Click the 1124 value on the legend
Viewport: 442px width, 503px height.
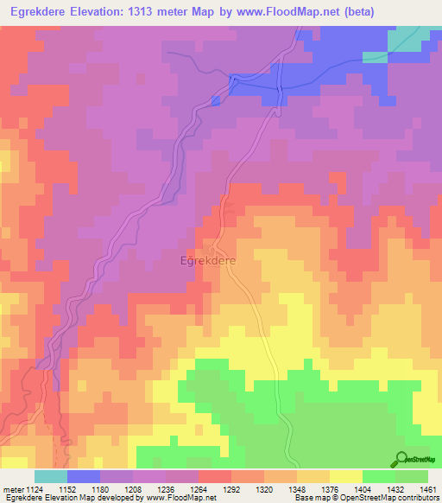[35, 490]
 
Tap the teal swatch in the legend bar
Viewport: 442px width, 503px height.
[51, 476]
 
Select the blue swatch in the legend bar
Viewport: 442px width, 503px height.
[84, 476]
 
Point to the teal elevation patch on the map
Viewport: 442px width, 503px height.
[404, 38]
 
